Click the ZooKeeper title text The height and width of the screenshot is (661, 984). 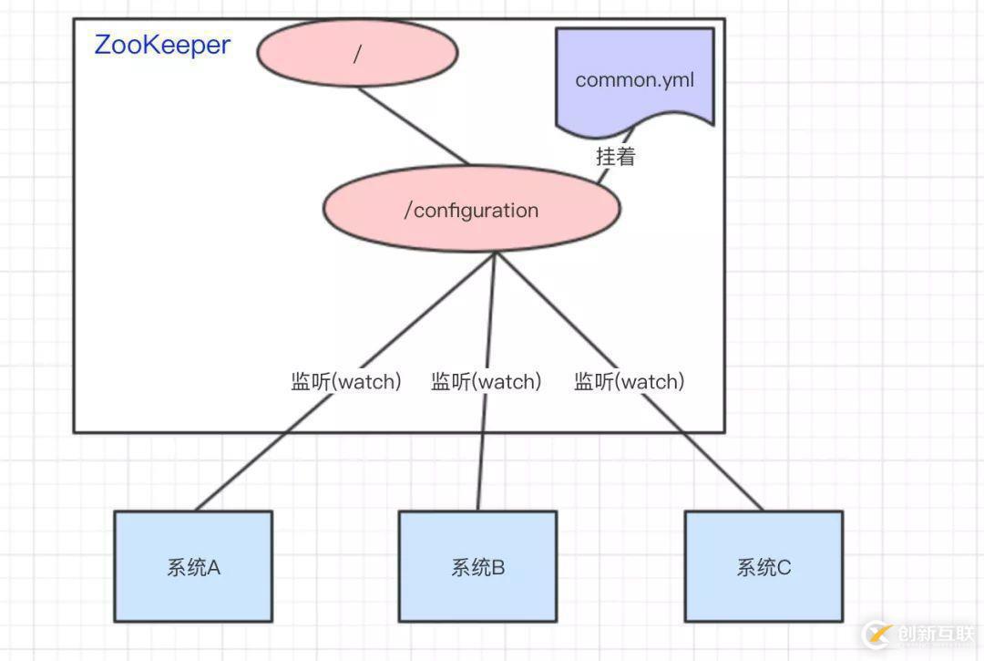point(162,45)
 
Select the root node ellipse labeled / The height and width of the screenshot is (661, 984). point(357,53)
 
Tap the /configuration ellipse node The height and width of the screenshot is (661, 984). point(471,209)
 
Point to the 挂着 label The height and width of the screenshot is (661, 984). point(615,156)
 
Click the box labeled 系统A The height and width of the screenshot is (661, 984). point(193,566)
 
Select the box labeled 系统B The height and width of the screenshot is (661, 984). point(477,566)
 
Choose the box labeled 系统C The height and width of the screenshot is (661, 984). point(764,566)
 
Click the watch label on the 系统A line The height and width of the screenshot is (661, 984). point(346,381)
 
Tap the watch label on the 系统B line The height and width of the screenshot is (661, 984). point(486,381)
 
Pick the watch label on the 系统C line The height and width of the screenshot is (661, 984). point(629,381)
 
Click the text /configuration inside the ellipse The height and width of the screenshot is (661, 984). point(471,210)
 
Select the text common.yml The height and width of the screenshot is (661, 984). point(635,79)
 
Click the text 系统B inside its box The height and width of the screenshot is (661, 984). point(477,567)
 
